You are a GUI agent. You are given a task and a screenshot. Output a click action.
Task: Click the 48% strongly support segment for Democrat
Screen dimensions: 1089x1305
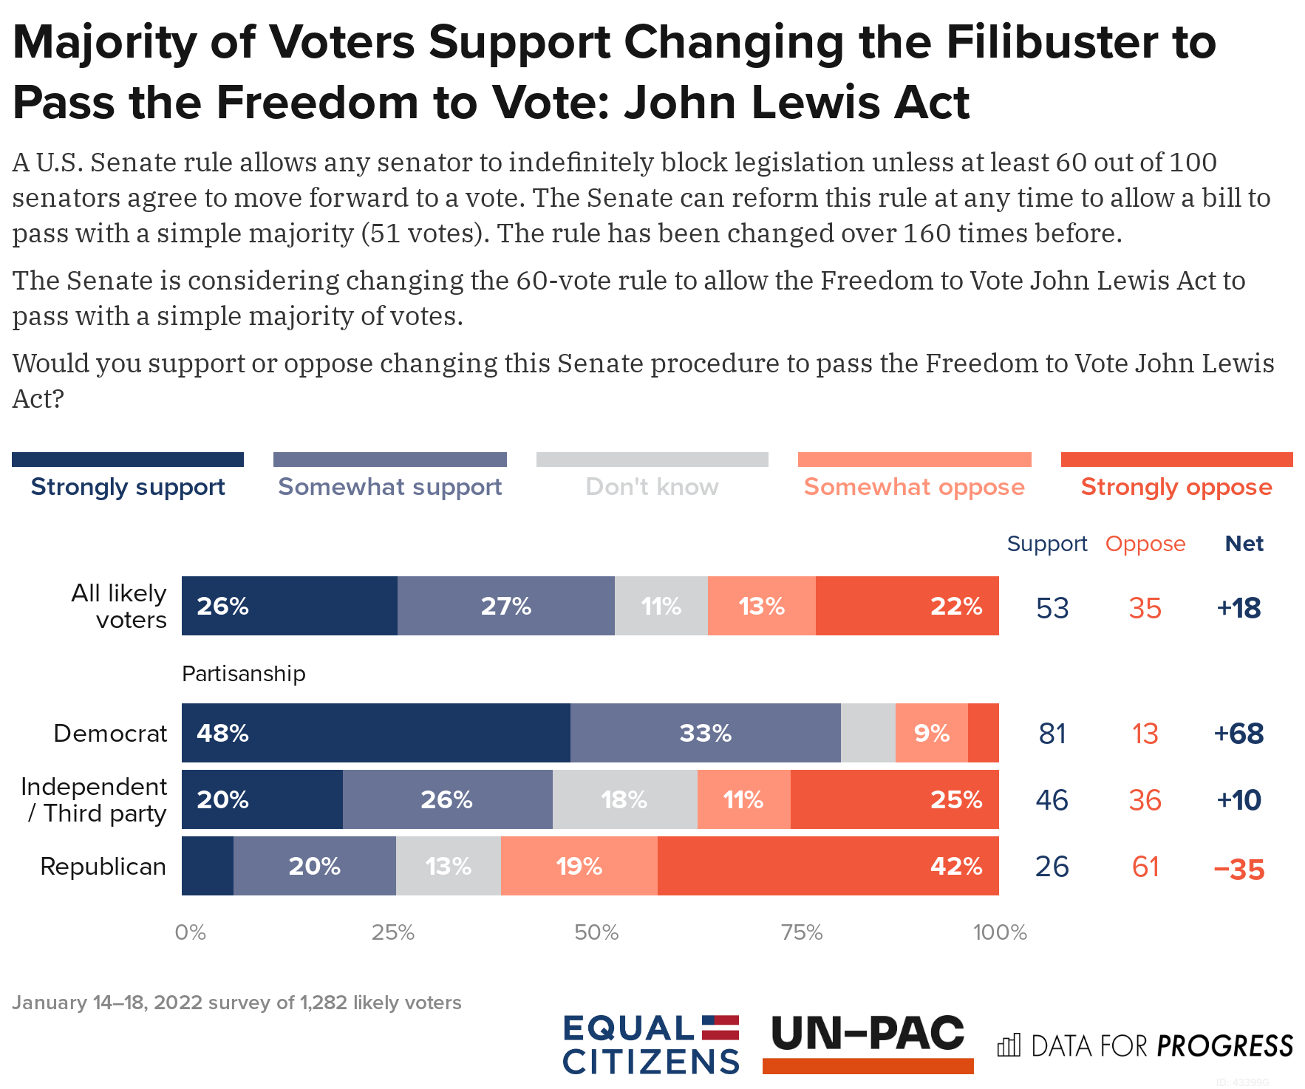coord(375,733)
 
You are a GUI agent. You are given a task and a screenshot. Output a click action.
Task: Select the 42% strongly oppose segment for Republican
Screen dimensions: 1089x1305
coord(828,866)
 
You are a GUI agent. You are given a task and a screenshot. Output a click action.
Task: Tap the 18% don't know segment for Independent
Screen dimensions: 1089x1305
coord(624,799)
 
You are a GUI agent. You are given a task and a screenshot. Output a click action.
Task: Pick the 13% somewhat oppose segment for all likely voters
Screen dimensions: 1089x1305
coord(761,606)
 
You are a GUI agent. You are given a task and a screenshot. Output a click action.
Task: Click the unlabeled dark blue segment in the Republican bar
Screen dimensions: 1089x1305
coord(207,866)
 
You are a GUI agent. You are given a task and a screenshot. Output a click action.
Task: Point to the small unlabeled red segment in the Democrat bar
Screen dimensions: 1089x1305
coord(983,733)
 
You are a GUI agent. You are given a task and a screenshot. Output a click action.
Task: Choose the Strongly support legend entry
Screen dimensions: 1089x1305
coord(128,487)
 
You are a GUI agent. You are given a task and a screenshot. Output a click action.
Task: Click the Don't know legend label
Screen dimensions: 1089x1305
coord(652,487)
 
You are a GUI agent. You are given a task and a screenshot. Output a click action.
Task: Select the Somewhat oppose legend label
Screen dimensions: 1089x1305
coord(914,487)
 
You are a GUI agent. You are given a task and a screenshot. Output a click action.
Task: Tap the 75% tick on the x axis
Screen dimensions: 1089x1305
coord(802,932)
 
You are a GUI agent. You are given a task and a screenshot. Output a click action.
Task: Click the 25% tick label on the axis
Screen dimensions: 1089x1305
coord(392,932)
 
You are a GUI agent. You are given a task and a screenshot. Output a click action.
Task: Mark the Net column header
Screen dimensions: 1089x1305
coord(1244,544)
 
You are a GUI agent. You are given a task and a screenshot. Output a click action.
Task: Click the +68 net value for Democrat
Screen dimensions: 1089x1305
coord(1238,734)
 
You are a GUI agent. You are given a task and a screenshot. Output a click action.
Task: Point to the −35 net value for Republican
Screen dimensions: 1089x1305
coord(1238,869)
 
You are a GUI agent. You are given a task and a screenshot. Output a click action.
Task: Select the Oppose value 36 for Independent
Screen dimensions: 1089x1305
coord(1145,800)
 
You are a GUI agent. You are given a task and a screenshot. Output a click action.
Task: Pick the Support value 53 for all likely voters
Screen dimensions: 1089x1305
coord(1052,608)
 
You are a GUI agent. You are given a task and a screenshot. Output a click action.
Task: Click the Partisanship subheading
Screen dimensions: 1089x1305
coord(243,674)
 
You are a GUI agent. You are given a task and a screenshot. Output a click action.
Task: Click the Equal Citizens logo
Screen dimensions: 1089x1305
coord(650,1044)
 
